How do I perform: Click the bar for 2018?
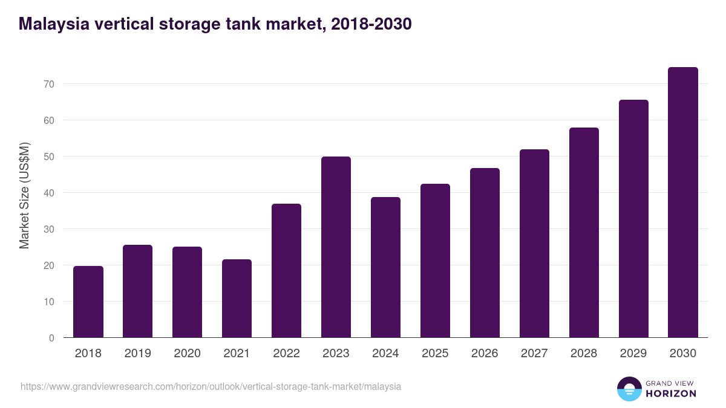88,302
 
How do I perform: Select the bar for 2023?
336,247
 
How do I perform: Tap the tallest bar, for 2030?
683,202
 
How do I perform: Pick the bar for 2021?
237,299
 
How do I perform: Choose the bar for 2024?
385,267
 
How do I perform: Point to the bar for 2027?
534,244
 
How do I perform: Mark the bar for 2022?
286,271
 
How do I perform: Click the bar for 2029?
633,219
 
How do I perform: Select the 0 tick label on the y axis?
51,338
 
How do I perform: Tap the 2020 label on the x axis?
187,354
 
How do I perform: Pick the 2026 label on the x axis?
485,354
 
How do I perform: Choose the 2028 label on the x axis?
584,354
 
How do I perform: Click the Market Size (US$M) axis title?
24,195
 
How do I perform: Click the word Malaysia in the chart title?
53,24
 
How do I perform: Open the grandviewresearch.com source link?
211,386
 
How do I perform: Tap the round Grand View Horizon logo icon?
629,389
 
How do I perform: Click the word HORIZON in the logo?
670,393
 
